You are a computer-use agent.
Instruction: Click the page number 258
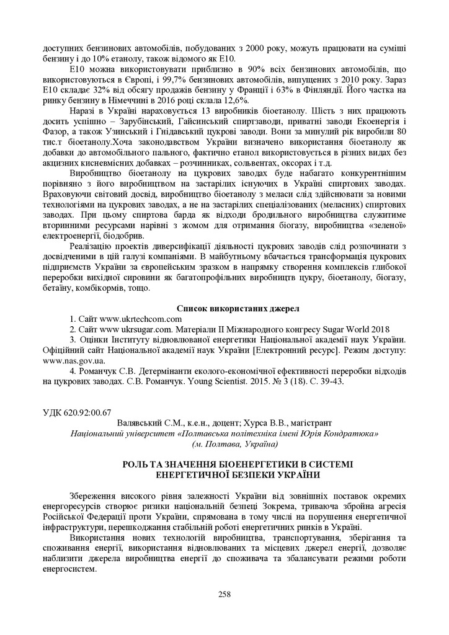tap(225, 594)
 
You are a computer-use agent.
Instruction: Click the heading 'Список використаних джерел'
tap(238, 308)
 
